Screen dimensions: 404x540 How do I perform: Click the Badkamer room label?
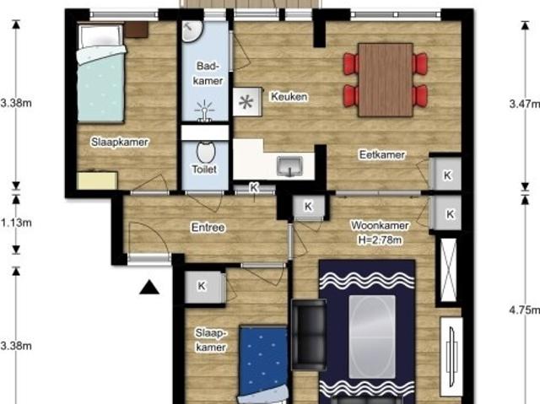(208, 73)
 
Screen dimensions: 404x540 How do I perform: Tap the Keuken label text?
(289, 97)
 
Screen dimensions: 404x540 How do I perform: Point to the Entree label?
(208, 227)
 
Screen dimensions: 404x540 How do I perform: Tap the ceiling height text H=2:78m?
(380, 240)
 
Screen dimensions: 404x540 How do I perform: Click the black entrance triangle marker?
(149, 288)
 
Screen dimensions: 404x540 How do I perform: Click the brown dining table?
(385, 79)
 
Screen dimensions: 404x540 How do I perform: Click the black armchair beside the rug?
(309, 336)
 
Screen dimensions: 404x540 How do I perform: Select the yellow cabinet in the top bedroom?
(97, 180)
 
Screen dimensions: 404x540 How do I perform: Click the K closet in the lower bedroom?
(202, 287)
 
